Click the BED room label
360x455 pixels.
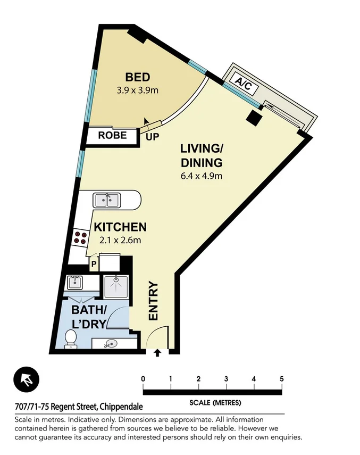137,78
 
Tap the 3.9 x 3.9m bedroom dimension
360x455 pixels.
138,90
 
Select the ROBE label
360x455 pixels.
112,136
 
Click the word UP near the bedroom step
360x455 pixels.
153,137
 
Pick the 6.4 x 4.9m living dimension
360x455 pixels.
200,176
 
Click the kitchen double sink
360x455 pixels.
107,201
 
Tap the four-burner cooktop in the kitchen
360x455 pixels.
80,237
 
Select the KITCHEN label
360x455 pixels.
120,227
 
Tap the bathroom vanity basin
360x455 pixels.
111,344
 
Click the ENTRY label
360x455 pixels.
153,301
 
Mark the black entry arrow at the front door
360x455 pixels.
157,352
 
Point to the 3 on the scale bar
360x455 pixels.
226,379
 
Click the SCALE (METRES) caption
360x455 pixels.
215,402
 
